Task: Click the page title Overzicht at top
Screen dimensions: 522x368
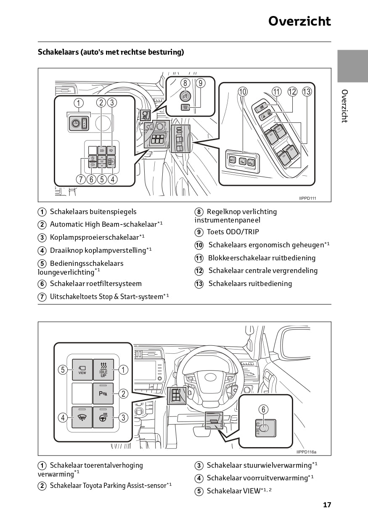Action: [299, 21]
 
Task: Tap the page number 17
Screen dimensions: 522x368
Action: [327, 505]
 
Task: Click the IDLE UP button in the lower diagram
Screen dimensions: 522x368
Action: [103, 369]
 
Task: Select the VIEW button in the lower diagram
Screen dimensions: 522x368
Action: [82, 369]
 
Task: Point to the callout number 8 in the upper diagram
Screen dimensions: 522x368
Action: [185, 83]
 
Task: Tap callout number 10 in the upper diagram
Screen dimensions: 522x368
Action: [243, 91]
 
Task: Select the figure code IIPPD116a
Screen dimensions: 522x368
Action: [306, 452]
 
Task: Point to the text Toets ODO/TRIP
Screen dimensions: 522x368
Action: [233, 232]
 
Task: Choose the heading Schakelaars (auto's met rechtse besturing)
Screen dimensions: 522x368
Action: [111, 53]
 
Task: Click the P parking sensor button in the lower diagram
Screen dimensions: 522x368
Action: [103, 393]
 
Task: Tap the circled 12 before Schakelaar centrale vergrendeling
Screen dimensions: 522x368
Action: [199, 271]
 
